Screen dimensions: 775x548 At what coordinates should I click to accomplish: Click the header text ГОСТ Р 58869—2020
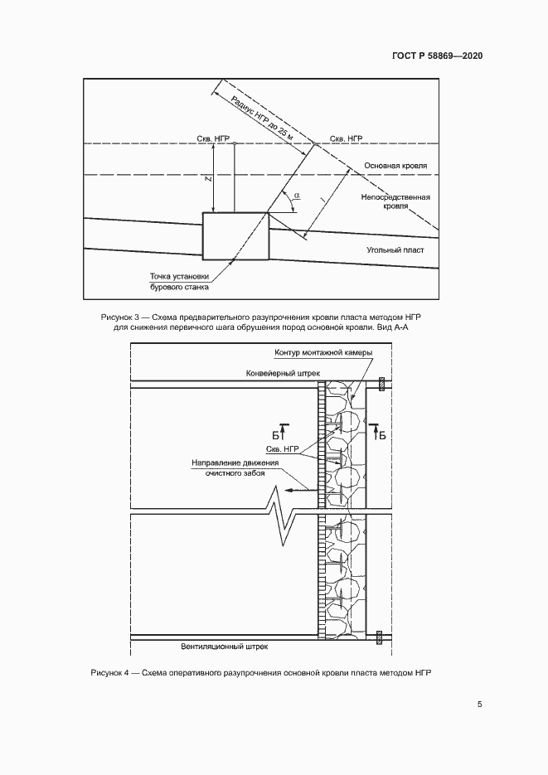[436, 56]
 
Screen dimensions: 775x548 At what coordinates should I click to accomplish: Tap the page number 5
[479, 705]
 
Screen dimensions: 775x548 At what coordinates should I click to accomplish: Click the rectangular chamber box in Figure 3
[235, 235]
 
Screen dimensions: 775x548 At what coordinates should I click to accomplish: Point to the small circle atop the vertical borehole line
[235, 144]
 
